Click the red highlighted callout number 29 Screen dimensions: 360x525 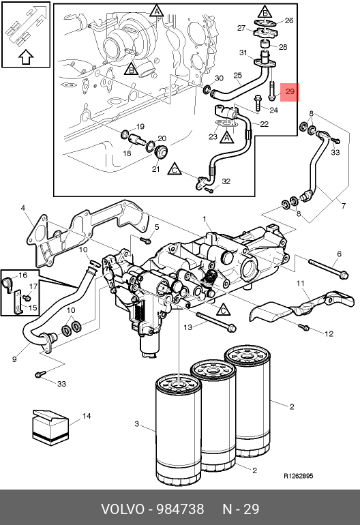(290, 91)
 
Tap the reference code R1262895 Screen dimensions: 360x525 (299, 476)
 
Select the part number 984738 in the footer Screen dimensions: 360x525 (181, 509)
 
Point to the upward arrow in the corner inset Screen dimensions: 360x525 (26, 57)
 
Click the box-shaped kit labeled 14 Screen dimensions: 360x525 (50, 427)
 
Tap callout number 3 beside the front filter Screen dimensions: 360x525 (136, 424)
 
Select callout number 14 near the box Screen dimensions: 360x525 (87, 416)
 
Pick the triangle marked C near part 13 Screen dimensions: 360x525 (224, 310)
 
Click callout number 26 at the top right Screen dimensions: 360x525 (289, 20)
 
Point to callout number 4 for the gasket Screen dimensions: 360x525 (22, 208)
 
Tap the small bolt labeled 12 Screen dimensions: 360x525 (303, 327)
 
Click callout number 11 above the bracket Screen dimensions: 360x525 (301, 283)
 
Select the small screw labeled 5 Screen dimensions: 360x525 (146, 240)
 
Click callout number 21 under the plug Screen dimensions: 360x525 (155, 169)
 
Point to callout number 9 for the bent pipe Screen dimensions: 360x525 (14, 359)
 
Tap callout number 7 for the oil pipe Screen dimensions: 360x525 (344, 206)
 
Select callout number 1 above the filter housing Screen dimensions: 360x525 (205, 219)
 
